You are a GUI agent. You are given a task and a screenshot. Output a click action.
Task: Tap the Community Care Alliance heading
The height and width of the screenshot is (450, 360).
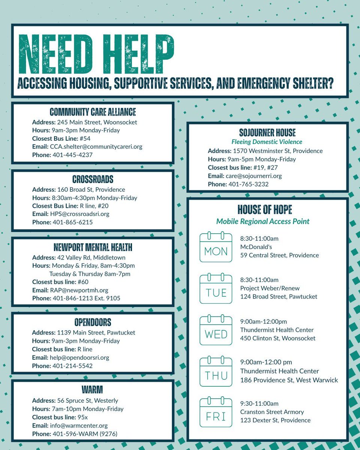pos(93,112)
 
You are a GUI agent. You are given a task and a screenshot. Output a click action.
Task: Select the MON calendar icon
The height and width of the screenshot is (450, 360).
pos(216,247)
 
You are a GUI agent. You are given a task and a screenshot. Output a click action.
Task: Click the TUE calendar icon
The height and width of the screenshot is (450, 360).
pos(216,289)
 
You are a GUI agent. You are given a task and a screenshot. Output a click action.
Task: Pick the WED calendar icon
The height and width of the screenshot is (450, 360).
pos(216,330)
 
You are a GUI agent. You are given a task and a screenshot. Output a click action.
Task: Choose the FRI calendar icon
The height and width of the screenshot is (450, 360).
pos(216,413)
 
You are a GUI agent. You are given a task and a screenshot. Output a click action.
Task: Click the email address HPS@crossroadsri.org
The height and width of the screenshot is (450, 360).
pos(85,214)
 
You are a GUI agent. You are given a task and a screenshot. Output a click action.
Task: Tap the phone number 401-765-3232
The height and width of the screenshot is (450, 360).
pos(248,184)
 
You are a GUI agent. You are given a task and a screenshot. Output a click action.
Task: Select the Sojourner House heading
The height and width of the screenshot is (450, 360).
pos(267,132)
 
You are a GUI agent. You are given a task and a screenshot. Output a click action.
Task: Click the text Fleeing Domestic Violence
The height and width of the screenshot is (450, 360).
pos(267,142)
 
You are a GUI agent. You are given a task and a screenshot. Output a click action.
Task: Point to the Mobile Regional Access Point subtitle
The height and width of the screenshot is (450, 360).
pos(263,221)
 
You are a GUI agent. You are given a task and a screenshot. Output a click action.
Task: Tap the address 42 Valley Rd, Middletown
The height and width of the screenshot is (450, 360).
pos(91,258)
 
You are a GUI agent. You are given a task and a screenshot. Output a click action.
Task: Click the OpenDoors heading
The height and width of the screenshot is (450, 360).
pos(93,322)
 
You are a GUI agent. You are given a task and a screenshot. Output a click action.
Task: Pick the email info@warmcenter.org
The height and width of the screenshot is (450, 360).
pos(79,426)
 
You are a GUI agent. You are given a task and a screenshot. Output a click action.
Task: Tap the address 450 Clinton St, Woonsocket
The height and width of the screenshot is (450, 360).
pos(277,338)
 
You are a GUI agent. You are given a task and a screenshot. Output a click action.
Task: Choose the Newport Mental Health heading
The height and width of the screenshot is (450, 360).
pos(93,247)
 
